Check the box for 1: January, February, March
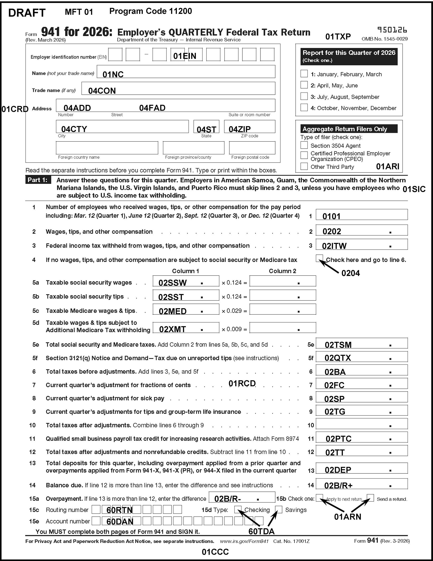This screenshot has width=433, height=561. click(304, 74)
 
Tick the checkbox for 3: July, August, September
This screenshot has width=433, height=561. click(304, 96)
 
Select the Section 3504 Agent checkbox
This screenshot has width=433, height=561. click(304, 145)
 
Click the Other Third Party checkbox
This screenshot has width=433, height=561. click(304, 166)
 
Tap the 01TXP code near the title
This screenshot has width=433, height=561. click(338, 37)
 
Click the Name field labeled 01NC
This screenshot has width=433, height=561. click(186, 72)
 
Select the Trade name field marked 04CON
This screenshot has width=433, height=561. click(178, 89)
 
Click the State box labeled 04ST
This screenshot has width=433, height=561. click(206, 127)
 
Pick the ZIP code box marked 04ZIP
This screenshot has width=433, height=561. click(250, 127)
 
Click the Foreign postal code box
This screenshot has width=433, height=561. click(252, 148)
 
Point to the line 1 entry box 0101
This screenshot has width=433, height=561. click(361, 215)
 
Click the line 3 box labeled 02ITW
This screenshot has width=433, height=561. click(361, 244)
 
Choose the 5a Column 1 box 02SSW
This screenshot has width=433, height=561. click(186, 281)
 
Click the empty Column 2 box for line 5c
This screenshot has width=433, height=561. click(283, 309)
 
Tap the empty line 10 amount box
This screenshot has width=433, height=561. click(361, 424)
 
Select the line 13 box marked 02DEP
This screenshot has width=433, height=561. click(361, 468)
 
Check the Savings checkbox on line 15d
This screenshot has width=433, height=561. click(279, 509)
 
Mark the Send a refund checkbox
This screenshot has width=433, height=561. click(370, 498)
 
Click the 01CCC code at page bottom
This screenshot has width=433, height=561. click(215, 552)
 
